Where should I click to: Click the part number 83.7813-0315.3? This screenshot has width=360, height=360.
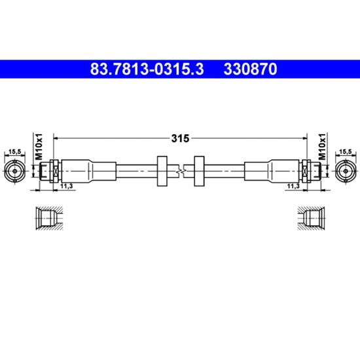(147, 69)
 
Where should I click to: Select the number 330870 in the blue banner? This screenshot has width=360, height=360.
(251, 69)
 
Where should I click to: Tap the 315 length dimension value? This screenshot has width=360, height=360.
(180, 139)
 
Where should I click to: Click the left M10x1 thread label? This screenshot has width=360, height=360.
(39, 146)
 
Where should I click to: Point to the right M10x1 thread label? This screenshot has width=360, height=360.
(322, 146)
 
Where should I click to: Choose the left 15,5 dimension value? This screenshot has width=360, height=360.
(14, 152)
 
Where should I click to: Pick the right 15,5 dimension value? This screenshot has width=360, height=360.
(346, 152)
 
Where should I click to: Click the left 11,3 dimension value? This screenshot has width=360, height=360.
(67, 186)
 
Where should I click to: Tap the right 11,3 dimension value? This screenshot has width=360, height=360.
(293, 186)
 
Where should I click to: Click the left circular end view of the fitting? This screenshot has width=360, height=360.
(14, 171)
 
